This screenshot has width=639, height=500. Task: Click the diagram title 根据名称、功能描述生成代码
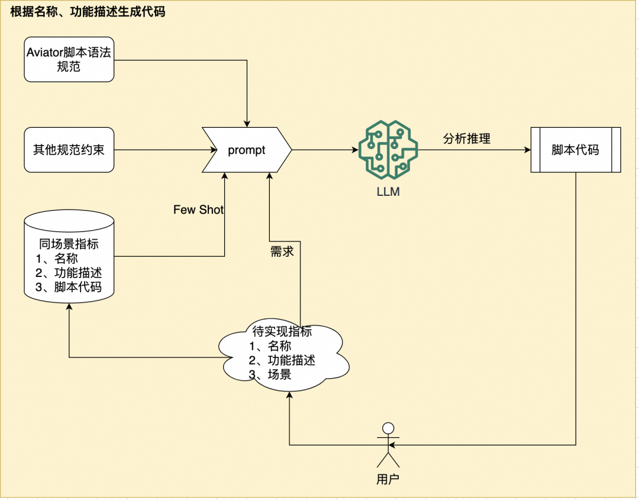coord(88,12)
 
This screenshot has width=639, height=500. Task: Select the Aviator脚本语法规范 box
coord(69,59)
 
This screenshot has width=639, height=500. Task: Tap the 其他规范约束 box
coord(69,150)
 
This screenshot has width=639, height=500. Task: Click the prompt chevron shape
coord(247,150)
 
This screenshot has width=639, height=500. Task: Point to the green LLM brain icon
coord(388,149)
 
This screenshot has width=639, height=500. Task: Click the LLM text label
coord(388,192)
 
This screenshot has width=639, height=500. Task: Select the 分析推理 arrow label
coord(467,139)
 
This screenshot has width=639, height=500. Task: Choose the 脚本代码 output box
coord(575,150)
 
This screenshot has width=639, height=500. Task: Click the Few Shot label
coord(199,209)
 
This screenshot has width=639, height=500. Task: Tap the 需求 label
coord(282,251)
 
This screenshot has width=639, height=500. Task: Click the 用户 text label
coord(388,479)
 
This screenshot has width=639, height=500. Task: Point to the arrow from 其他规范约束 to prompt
coord(157,150)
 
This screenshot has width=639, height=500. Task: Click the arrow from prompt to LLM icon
coord(324,150)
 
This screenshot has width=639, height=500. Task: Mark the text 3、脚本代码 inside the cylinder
coord(69,287)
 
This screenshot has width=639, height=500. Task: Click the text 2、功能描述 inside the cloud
coord(282,360)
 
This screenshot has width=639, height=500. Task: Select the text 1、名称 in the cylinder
coord(57,259)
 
